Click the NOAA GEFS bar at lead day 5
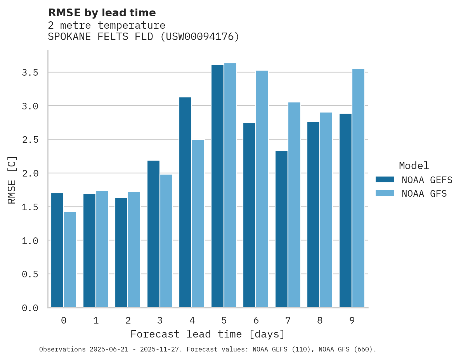point(217,186)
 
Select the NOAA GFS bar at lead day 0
point(70,260)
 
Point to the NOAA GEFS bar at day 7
point(281,229)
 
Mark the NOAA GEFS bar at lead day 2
point(121,253)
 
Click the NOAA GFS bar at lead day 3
point(166,241)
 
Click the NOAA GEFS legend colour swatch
point(385,180)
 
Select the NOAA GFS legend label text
point(424,194)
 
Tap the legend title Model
point(414,166)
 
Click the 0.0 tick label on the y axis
point(30,308)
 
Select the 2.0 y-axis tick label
point(30,173)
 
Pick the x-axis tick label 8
point(319,320)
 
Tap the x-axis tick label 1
point(95,320)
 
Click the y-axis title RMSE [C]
point(12,180)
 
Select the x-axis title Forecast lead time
point(208,334)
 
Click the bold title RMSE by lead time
point(102,13)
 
